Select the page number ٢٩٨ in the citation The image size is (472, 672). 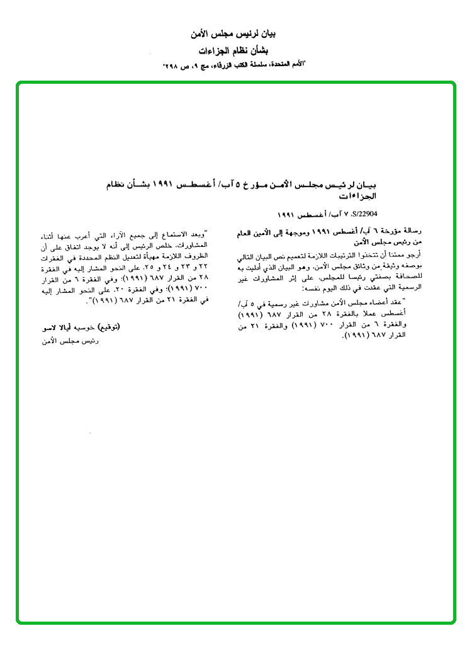[x=171, y=65]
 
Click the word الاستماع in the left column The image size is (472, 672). [x=172, y=236]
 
